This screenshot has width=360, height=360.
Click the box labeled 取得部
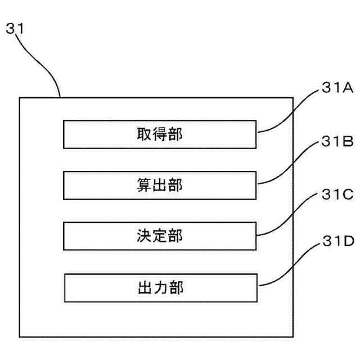160,134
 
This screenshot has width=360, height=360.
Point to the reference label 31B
336,142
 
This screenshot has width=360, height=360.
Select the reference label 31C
336,195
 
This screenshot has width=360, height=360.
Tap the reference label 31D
336,242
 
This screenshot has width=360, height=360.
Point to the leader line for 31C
287,217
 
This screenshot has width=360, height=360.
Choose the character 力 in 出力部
160,288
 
